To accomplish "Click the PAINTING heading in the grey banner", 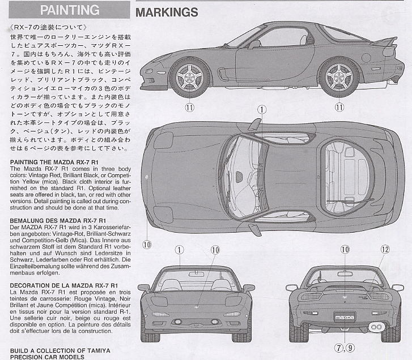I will (70, 10).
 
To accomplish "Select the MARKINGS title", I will (167, 12).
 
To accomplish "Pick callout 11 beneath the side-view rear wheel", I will (339, 106).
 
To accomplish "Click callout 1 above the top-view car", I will (261, 110).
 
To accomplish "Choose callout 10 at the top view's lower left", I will (147, 245).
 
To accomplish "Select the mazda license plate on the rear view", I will (344, 316).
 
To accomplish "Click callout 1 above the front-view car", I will (179, 250).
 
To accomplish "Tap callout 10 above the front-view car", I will (215, 250).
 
